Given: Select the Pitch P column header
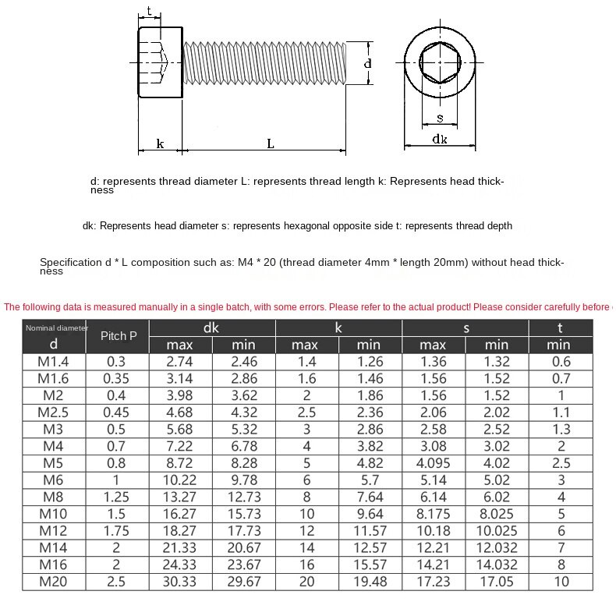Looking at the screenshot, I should [119, 337].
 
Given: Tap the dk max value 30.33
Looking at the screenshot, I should [179, 581].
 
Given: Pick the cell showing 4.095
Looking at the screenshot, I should [433, 463].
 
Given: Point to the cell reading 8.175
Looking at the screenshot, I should [433, 514].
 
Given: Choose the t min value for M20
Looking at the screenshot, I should [560, 581].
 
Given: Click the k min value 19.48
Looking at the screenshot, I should [370, 581].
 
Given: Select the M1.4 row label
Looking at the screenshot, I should [54, 361].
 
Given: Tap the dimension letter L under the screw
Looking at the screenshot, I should [270, 143].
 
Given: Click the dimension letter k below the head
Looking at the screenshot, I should [160, 143].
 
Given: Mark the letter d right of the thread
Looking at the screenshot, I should [368, 62].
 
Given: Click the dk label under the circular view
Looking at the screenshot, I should [440, 139].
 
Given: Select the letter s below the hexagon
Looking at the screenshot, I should [440, 118].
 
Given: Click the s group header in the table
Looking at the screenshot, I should [466, 328].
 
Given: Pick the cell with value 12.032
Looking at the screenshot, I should [496, 547].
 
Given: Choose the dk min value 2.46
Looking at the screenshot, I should [243, 361].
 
